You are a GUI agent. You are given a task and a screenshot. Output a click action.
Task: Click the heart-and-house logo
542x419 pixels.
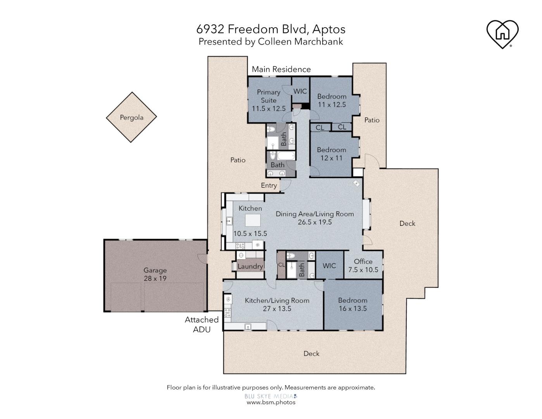click(x=502, y=34)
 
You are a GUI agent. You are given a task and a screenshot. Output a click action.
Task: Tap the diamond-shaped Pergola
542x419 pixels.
click(x=131, y=117)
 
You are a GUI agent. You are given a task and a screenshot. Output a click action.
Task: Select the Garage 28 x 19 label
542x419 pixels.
click(x=155, y=274)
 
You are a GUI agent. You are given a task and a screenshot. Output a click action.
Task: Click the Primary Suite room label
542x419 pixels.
click(x=268, y=100)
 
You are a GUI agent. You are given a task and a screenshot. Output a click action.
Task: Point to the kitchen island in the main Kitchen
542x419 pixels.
click(x=253, y=220)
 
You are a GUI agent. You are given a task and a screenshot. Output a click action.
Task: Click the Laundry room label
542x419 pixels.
click(x=250, y=266)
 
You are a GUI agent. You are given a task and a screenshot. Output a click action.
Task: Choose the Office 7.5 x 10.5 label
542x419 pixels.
click(x=363, y=265)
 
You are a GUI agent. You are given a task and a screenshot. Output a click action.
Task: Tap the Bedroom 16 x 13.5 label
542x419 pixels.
click(x=352, y=304)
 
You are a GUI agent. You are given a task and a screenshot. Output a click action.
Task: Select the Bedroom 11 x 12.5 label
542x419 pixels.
click(x=331, y=100)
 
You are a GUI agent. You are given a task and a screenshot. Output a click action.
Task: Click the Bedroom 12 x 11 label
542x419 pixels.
click(x=331, y=154)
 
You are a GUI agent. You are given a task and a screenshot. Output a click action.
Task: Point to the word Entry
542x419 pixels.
click(x=269, y=185)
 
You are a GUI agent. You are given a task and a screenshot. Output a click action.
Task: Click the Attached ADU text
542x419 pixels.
click(x=202, y=324)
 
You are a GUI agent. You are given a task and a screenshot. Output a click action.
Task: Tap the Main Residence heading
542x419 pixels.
click(x=281, y=69)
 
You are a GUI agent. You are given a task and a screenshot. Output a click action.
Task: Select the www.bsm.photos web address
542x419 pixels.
click(x=271, y=402)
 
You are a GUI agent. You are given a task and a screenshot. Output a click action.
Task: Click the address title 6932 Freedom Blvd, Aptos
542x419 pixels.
click(x=271, y=29)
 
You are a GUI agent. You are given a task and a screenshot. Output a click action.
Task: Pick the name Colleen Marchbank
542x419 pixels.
click(x=300, y=42)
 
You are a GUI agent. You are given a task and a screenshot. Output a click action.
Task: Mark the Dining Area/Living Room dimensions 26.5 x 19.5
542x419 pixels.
click(x=315, y=222)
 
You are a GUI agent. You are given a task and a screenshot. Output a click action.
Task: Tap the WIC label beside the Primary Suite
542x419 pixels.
click(x=300, y=91)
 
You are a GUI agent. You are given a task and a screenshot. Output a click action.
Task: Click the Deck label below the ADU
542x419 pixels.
click(x=311, y=353)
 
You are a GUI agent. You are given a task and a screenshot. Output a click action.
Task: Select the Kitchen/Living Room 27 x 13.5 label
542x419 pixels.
click(x=277, y=305)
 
